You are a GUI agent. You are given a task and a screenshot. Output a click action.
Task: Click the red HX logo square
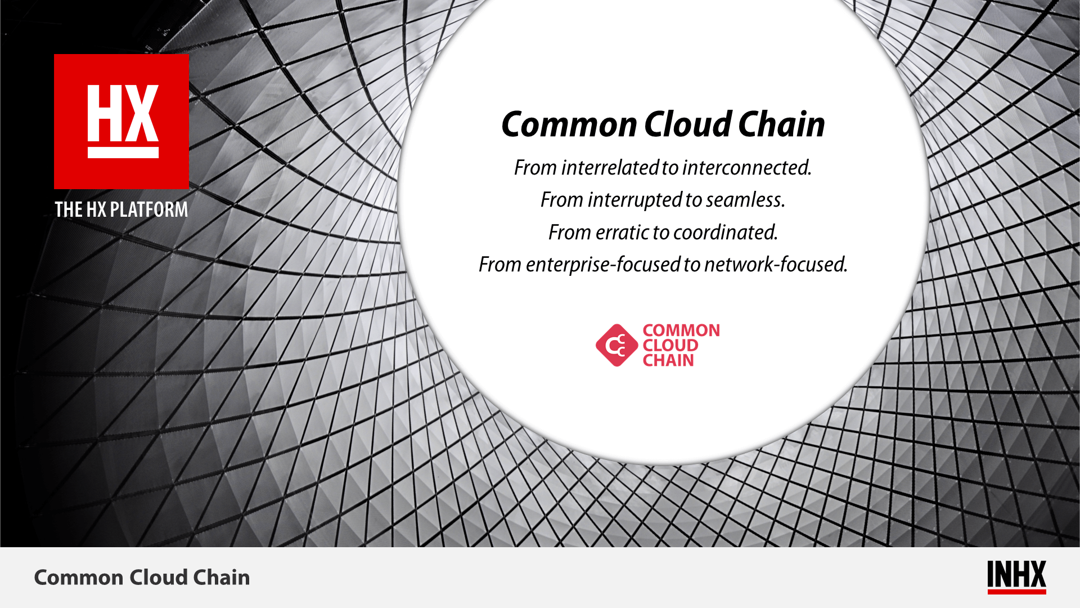(121, 122)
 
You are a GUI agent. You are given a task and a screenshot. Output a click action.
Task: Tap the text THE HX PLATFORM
(121, 209)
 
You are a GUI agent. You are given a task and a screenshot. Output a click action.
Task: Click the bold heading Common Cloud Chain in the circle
(663, 124)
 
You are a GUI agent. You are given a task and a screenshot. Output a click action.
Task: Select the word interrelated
(610, 168)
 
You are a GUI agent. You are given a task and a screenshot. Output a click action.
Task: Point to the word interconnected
(748, 168)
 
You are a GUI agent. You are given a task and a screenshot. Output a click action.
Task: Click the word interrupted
(635, 200)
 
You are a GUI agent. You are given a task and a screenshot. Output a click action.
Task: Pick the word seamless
(745, 200)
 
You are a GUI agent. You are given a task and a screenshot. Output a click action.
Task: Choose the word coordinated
(726, 232)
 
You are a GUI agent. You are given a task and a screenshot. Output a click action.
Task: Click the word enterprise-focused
(603, 265)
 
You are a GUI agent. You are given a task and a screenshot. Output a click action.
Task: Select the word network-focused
(776, 265)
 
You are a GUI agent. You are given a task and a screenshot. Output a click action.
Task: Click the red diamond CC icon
(617, 345)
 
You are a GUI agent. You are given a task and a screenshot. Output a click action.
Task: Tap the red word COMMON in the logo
(681, 330)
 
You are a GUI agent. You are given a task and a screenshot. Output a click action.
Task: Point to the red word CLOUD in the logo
(670, 345)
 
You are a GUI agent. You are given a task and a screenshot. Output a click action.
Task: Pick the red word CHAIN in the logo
(668, 360)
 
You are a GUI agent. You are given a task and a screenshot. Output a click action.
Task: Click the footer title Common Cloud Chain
(142, 578)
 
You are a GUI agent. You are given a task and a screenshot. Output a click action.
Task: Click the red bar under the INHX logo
(1016, 592)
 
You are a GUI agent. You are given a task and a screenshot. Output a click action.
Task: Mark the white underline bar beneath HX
(123, 153)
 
